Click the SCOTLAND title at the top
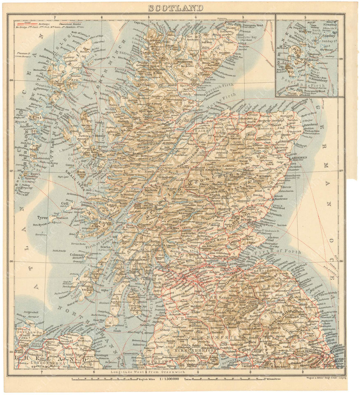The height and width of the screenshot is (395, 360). tap(175, 8)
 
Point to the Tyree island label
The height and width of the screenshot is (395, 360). tap(42, 218)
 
